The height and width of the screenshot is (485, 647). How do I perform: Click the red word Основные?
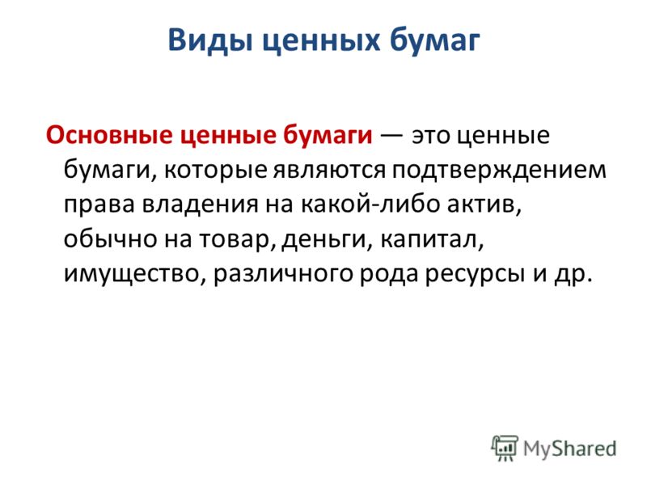pos(109,135)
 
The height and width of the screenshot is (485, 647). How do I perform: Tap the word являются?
pos(329,171)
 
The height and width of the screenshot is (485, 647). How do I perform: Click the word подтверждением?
pos(499,171)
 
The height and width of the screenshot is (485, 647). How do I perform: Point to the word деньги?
pos(324,239)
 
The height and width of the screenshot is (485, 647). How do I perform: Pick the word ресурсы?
pos(472,275)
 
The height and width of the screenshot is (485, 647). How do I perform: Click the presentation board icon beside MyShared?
pos(505,448)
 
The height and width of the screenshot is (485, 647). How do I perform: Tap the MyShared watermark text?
pos(570,449)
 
